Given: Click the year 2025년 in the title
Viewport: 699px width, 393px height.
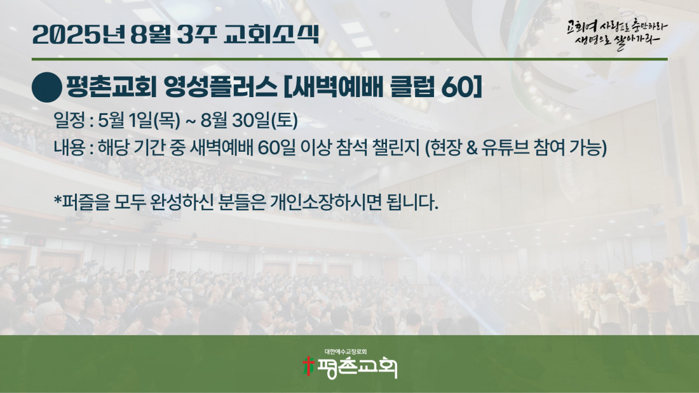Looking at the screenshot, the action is (78, 34).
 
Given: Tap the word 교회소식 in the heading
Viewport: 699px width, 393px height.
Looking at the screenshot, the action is (271, 34).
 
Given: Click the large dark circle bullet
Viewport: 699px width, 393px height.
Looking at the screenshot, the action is (47, 88).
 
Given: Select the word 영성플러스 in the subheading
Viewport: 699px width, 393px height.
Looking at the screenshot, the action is (221, 87).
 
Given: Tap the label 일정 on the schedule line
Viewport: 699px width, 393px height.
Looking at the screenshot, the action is (69, 120).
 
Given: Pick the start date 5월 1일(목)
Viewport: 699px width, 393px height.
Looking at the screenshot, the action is (139, 120).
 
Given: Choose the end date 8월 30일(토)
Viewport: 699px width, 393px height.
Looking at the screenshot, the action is (249, 120).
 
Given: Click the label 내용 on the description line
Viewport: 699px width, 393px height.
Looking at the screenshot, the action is (69, 147).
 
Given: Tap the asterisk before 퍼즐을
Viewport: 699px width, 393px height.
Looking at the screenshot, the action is (57, 199).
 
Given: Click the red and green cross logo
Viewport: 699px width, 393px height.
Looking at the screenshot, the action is (308, 366).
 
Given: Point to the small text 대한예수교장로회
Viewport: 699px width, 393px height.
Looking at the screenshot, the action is (346, 352).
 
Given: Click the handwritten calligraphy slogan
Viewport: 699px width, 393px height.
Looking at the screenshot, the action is (617, 34).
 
